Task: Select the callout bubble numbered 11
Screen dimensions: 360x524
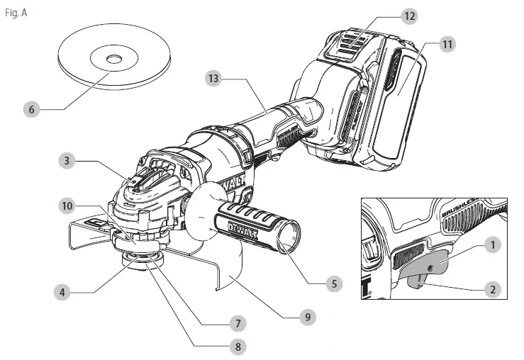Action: coord(446,44)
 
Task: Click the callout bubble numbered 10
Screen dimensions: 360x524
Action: coord(67,206)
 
